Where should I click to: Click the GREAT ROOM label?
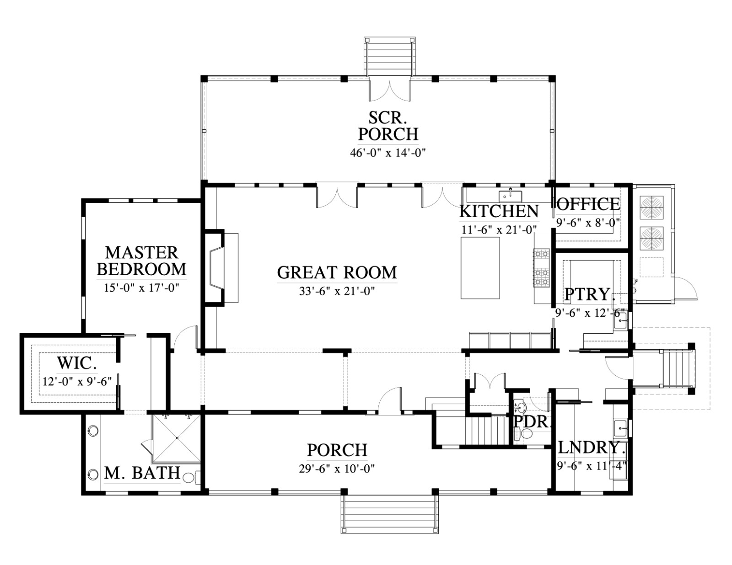337,272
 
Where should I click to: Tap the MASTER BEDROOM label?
141,261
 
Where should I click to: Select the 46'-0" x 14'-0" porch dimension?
388,153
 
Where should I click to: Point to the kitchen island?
480,268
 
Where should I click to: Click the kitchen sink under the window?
511,195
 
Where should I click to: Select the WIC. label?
77,363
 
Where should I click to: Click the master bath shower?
177,438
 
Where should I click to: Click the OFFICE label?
588,204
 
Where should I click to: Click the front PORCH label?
337,450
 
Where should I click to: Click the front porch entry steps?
389,515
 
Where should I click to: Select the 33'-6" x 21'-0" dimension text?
337,291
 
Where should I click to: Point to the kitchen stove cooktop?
541,268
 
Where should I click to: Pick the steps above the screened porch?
389,57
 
